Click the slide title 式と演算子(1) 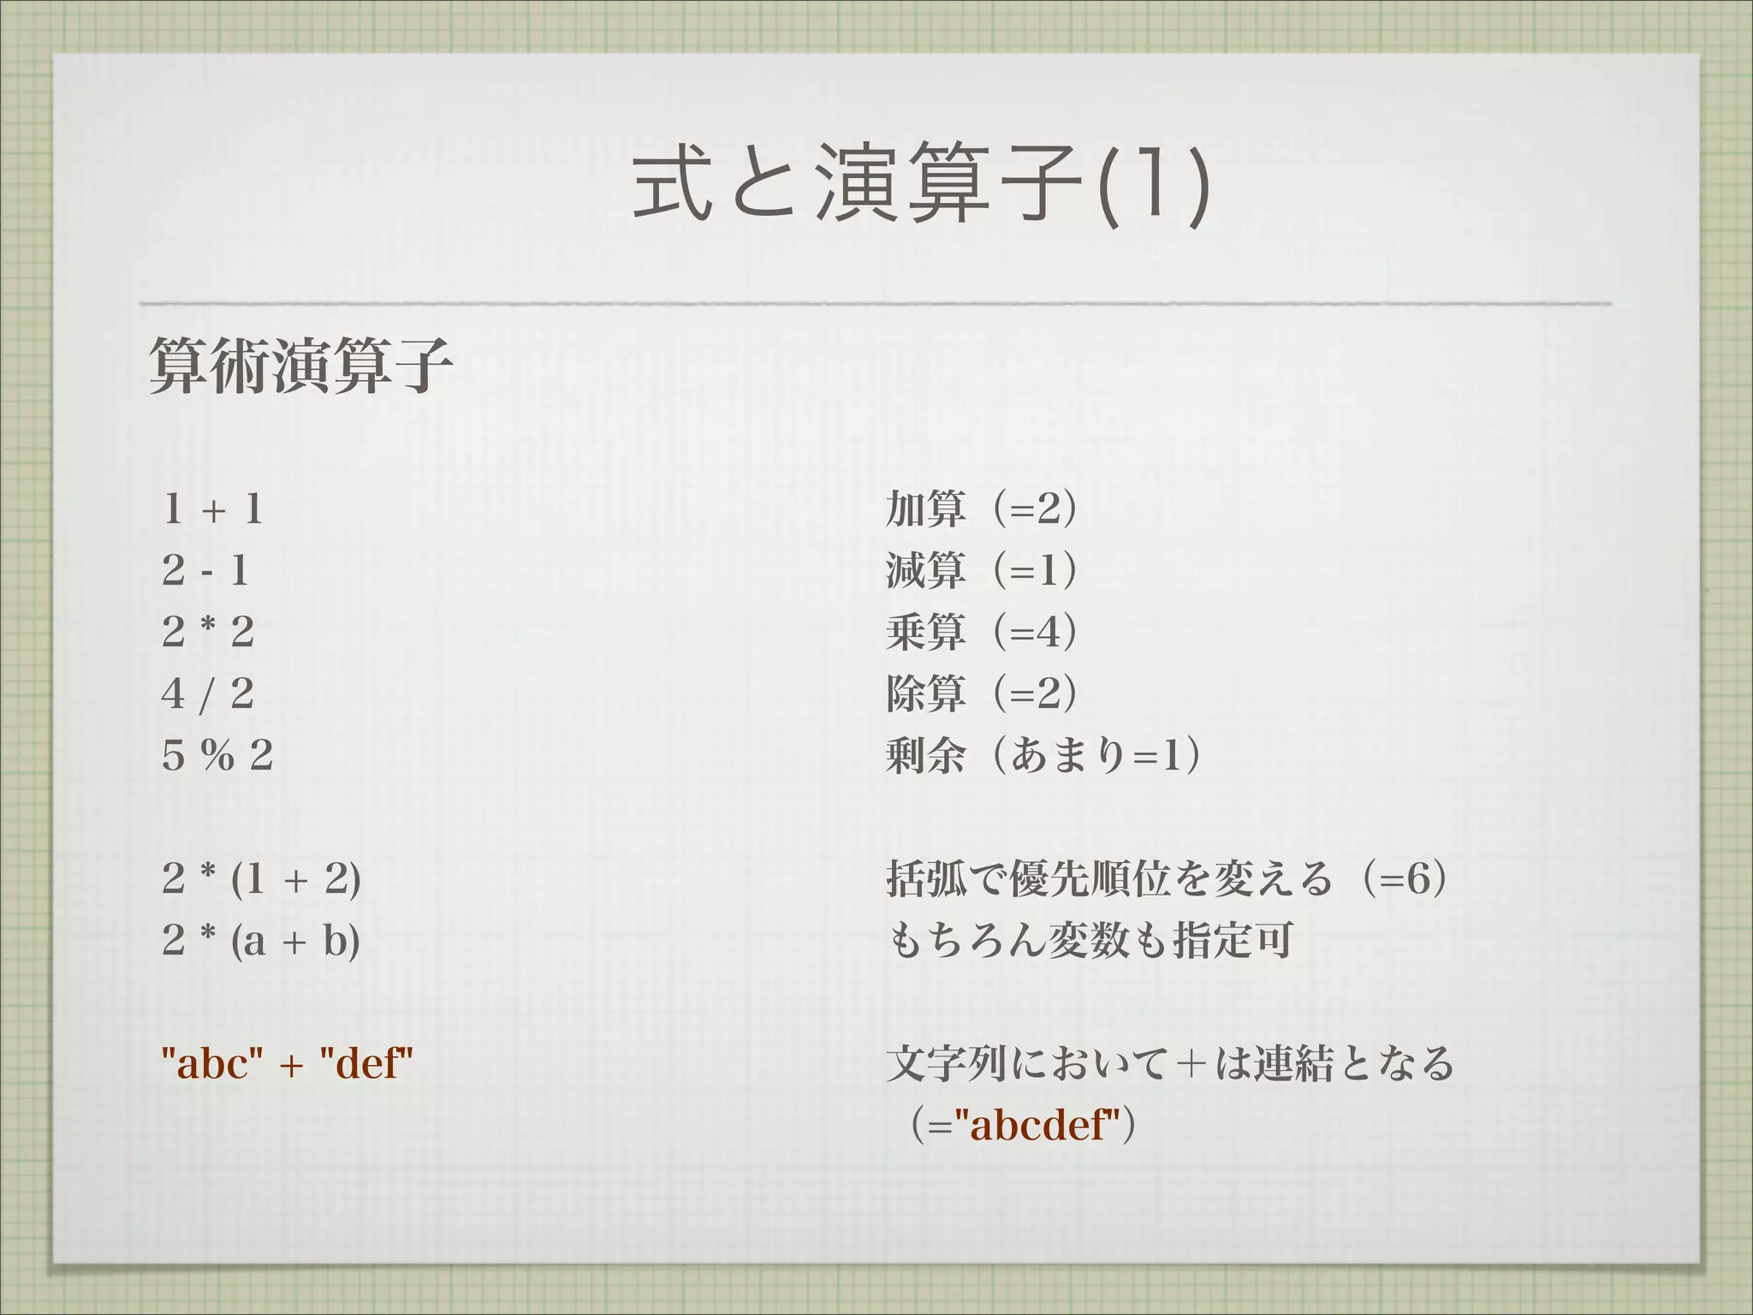921,185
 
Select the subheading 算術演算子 300,366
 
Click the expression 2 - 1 205,570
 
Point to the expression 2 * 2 208,632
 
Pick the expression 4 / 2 208,693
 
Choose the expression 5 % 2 217,755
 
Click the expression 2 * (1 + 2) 261,878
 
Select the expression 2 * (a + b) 261,940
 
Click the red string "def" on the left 366,1063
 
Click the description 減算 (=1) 981,570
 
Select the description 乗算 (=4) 981,632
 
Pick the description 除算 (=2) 981,693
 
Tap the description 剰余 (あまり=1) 1043,755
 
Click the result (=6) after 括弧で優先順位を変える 1405,878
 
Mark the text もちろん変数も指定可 1089,940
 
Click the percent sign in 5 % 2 217,755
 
